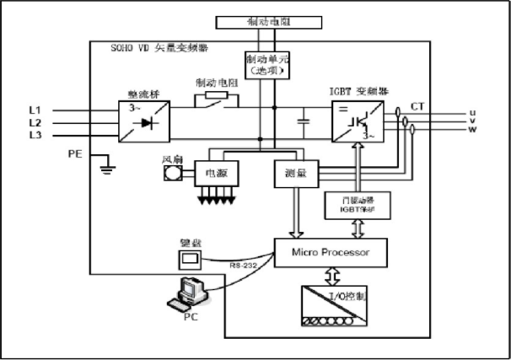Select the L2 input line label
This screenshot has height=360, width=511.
[x=35, y=122]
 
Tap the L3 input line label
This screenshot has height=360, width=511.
[x=35, y=134]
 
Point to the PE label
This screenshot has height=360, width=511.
[x=77, y=154]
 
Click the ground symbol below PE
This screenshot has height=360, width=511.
[x=107, y=168]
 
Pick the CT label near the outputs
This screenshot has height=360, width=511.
[x=417, y=106]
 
